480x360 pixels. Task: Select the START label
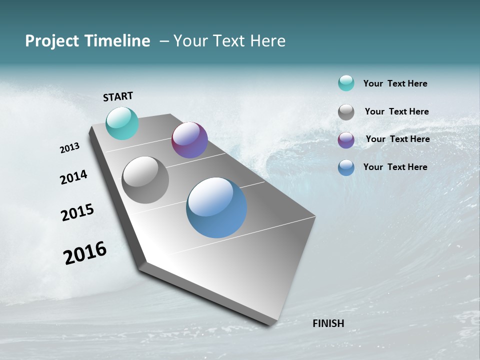coord(118,96)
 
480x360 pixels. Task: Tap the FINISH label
coord(328,323)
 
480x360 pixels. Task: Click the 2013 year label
coord(70,148)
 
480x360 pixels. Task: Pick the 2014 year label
coord(74,177)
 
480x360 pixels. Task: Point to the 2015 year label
coord(77,212)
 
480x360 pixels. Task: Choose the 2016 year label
coord(85,253)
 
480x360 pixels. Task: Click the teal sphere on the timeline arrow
coord(122,123)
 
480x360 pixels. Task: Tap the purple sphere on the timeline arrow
coord(189,140)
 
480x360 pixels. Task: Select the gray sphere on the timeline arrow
coord(145,180)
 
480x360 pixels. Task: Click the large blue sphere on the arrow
coord(216,207)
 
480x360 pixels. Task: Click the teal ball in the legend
coord(346,83)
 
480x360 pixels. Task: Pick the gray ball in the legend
coord(346,112)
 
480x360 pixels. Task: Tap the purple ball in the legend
coord(346,140)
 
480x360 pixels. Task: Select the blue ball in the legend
coord(346,167)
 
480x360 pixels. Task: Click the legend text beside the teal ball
coord(395,83)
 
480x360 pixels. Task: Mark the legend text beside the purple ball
coord(397,139)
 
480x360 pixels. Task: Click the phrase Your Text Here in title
coord(229,41)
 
